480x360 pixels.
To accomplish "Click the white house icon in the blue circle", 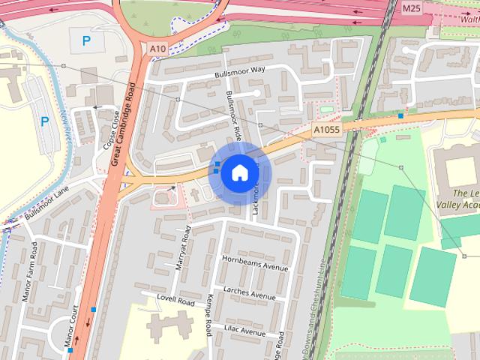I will [239, 172].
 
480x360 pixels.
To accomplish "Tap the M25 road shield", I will [411, 8].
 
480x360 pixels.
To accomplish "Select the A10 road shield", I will [157, 49].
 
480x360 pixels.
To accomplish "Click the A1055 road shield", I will [326, 130].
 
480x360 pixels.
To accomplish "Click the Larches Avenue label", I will [249, 293].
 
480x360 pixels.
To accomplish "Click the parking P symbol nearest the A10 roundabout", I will [86, 42].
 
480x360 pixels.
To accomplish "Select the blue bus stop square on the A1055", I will [401, 116].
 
